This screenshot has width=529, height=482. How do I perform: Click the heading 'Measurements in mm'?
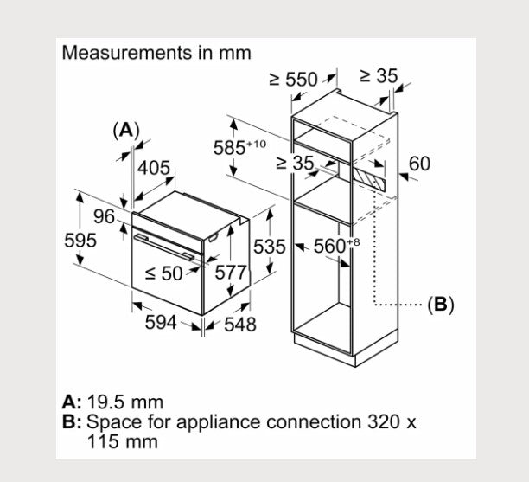point(156,53)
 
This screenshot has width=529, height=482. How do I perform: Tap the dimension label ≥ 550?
point(294,80)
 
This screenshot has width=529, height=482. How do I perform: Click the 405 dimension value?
point(155,168)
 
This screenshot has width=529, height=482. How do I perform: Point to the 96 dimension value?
point(104,216)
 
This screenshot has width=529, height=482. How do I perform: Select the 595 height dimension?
point(80,241)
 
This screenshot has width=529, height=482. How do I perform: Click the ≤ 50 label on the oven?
point(164,273)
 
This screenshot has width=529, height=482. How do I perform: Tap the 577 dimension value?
point(231,272)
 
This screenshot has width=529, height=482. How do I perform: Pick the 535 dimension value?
point(269,247)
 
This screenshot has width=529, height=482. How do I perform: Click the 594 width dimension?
point(160,322)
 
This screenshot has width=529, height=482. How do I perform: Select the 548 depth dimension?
point(239,324)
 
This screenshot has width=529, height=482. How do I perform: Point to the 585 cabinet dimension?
point(232,147)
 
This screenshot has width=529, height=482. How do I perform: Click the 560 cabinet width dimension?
point(330,247)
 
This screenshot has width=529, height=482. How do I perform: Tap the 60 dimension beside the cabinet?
point(419,164)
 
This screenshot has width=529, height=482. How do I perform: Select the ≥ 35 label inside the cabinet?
point(296,163)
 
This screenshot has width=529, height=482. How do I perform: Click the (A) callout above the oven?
point(126,130)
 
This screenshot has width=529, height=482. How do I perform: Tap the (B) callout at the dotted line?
point(440,305)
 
